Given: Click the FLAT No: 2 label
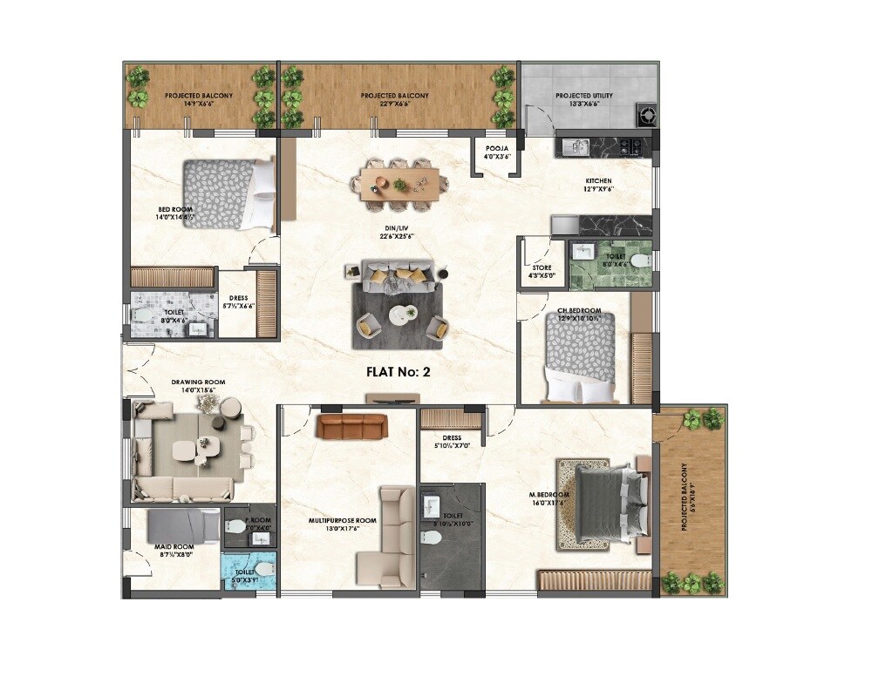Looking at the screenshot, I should [399, 371].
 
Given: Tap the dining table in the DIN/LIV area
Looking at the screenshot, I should [399, 184].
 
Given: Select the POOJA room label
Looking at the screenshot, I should [497, 152].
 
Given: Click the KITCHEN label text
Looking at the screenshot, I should [599, 185].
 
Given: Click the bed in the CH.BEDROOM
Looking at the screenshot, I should [579, 356].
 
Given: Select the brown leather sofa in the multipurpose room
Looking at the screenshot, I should [351, 426].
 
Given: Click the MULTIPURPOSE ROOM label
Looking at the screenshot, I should [343, 524].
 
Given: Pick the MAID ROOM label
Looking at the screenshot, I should [176, 551].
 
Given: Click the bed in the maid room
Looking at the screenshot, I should [182, 525].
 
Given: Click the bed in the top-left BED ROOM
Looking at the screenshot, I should [228, 193].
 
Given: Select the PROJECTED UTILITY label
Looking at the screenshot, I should [584, 99].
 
